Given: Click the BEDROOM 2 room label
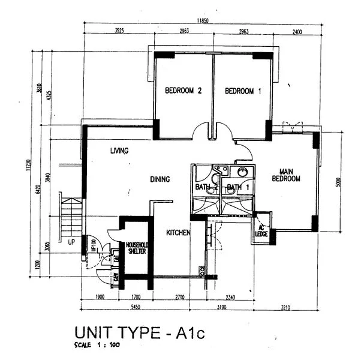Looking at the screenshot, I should point(183,91).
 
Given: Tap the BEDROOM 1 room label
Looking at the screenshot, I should point(243,91).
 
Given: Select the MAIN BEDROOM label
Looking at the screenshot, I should point(286,174).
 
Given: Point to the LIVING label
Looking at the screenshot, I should point(119,151).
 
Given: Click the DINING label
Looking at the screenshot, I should point(160,179).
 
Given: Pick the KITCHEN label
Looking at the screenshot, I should point(178,233).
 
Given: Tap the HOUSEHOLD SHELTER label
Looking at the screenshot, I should point(137,248).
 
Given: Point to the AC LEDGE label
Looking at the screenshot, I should point(261,229).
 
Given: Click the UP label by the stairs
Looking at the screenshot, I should point(71,242).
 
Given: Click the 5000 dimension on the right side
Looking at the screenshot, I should point(338,182).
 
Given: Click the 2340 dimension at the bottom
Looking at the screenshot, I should point(230,297).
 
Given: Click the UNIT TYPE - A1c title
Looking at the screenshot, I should point(140,332).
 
